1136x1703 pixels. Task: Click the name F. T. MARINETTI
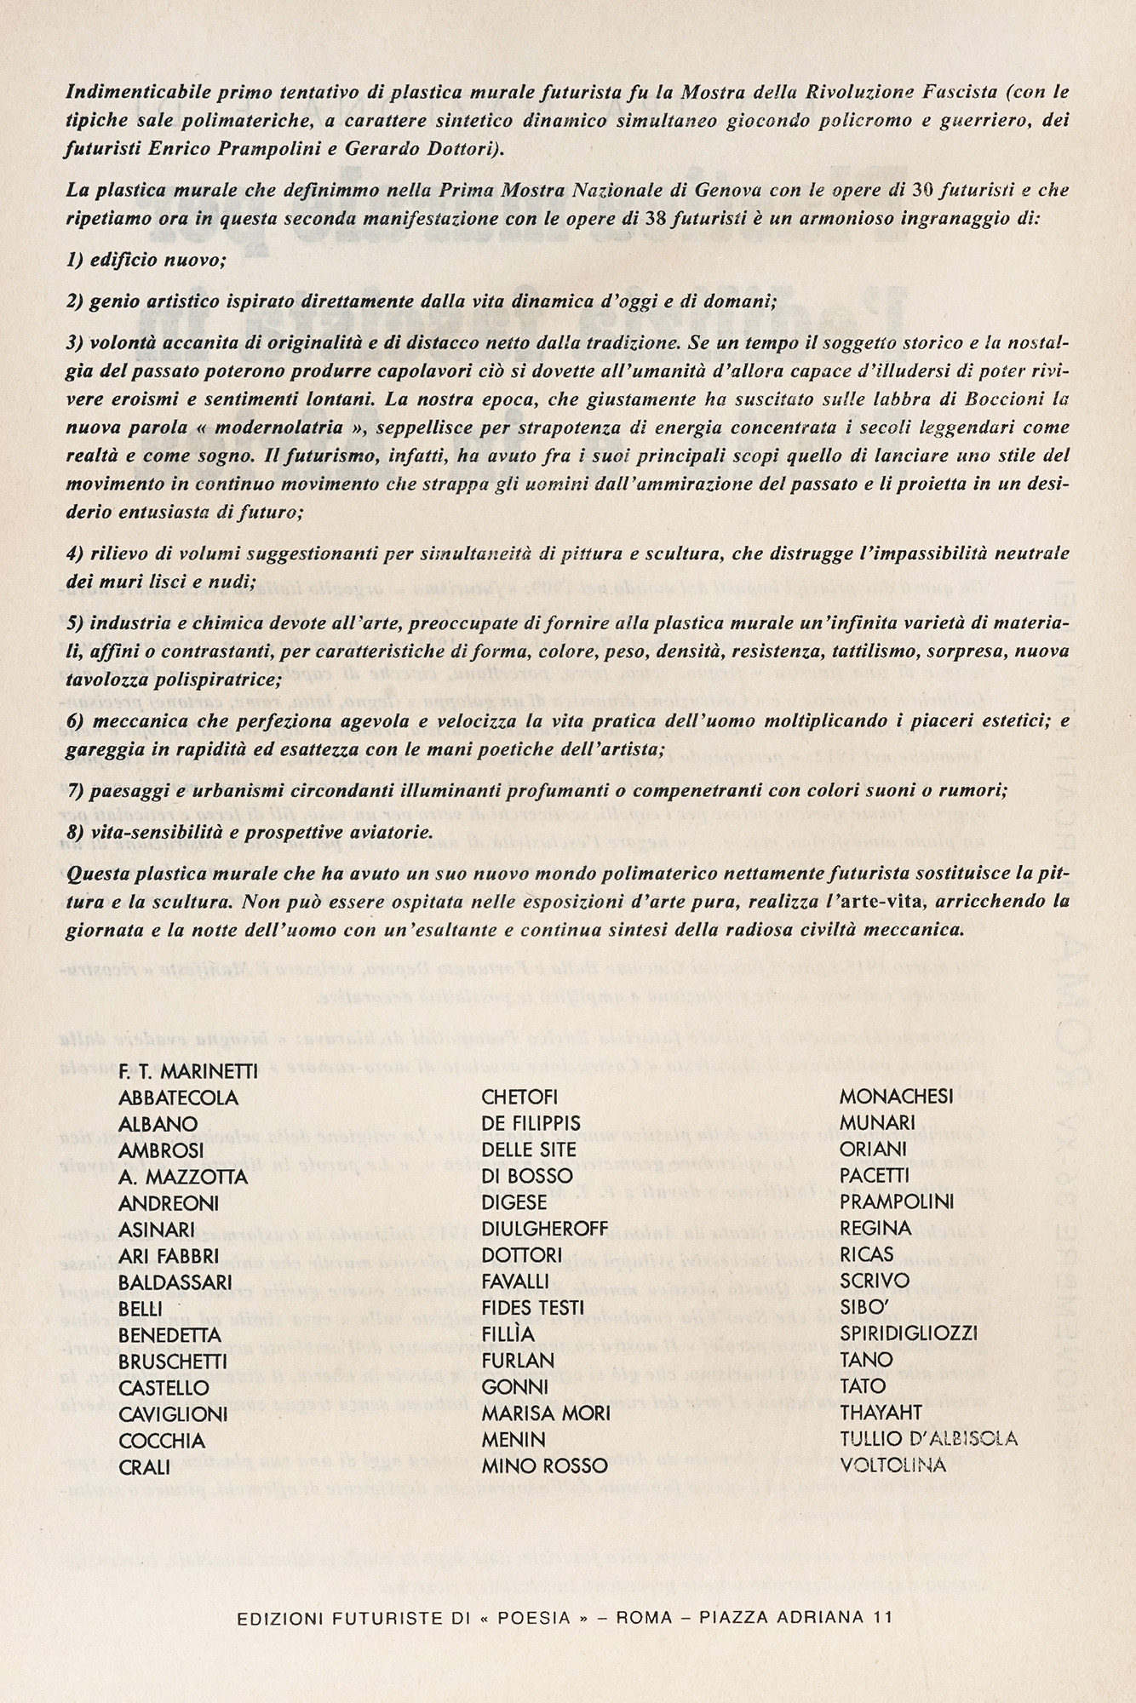(188, 1072)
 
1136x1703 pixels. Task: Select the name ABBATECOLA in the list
(179, 1098)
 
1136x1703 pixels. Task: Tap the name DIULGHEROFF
(545, 1229)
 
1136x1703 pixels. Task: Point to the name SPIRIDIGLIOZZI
(909, 1333)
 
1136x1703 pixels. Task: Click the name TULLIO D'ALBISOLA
(928, 1439)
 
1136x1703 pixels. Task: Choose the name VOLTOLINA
(892, 1465)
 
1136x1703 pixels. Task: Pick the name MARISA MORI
(546, 1413)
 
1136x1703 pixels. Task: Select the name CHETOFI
(519, 1098)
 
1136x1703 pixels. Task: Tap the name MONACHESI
(897, 1098)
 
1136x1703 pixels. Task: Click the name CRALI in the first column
(145, 1466)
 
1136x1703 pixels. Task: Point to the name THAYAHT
(881, 1413)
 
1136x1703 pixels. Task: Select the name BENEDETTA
(170, 1334)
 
